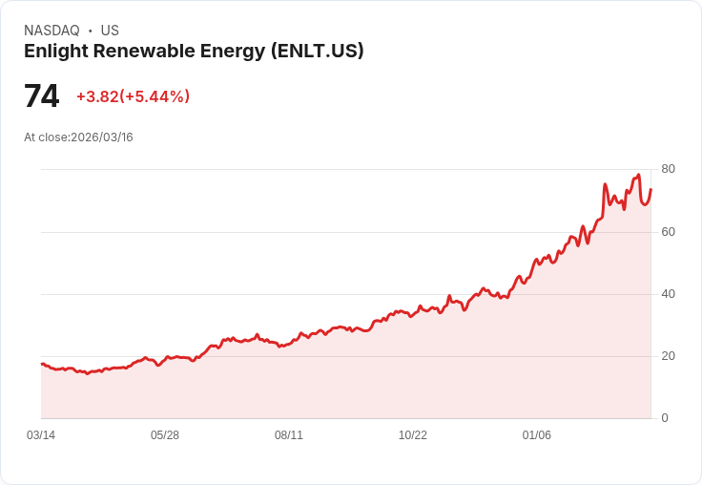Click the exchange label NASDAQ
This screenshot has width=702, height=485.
52,31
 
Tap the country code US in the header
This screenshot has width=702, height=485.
110,31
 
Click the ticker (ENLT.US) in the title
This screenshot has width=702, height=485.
317,52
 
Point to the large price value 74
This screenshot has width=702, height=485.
41,96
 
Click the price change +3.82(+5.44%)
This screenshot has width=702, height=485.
133,96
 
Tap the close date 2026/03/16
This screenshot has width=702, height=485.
102,137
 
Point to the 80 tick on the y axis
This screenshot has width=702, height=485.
668,169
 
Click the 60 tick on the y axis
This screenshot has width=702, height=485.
668,232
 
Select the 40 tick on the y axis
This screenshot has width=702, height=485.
668,294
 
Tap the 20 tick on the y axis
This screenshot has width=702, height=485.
668,356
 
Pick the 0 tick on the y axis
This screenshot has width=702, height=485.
665,418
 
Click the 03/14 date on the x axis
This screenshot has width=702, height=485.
41,435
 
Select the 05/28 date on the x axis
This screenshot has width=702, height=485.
165,435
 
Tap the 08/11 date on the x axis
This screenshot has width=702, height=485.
289,435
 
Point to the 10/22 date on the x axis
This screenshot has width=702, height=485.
413,435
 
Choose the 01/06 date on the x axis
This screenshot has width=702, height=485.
537,435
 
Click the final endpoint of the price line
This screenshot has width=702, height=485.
650,189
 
